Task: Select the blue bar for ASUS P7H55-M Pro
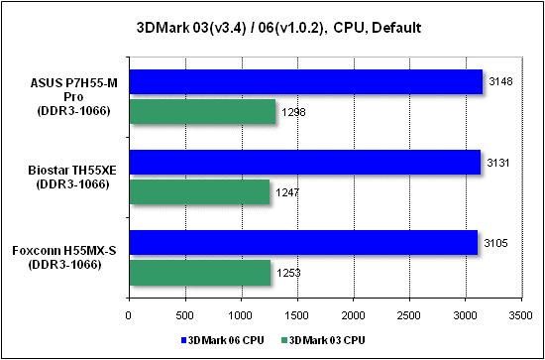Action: (306, 81)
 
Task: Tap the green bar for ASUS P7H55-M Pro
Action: (202, 112)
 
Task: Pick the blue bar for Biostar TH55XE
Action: (305, 162)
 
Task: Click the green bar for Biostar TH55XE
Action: (199, 192)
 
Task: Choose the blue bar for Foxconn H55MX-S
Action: (304, 242)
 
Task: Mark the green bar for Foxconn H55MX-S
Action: (200, 273)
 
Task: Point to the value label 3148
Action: (499, 82)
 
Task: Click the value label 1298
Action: (293, 112)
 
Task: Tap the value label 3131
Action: (497, 163)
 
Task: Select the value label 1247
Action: (287, 192)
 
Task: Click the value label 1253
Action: (288, 273)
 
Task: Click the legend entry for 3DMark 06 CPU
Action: (224, 340)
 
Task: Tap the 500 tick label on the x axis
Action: (185, 315)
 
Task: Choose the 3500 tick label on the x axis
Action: (521, 315)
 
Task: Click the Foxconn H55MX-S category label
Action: (63, 257)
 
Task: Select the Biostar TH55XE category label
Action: (71, 178)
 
